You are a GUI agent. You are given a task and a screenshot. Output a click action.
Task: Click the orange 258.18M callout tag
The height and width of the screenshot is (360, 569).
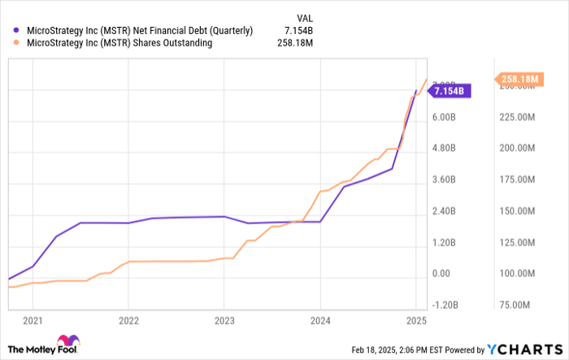(519, 79)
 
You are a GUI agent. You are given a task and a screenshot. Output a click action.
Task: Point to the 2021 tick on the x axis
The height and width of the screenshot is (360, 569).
(33, 321)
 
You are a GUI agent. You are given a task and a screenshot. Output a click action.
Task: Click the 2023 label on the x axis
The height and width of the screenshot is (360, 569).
(224, 321)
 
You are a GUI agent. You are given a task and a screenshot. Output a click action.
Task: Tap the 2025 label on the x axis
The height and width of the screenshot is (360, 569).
(416, 321)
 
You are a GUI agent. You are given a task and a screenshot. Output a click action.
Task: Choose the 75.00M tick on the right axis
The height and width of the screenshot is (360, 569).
(515, 306)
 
